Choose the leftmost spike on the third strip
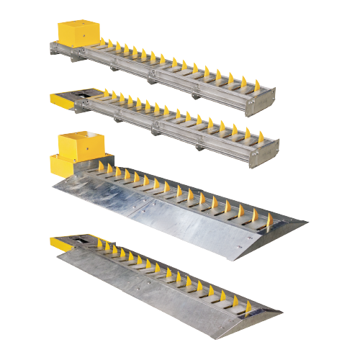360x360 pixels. click(100, 167)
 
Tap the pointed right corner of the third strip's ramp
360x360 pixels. click(305, 222)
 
